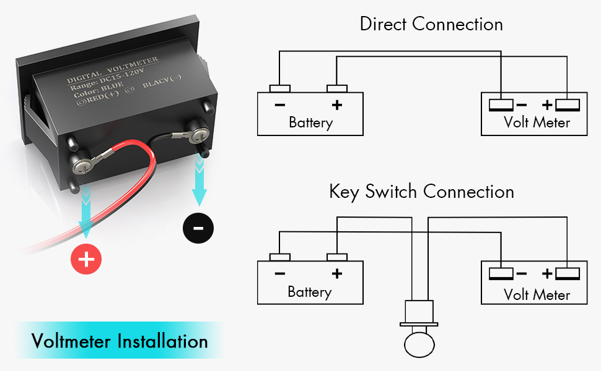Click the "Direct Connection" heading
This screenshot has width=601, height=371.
click(431, 25)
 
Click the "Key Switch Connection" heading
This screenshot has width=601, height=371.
click(421, 192)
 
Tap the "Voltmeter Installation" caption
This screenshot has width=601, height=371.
click(120, 341)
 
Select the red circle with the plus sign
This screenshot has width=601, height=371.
click(86, 259)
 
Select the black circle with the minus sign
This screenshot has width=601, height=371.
click(198, 228)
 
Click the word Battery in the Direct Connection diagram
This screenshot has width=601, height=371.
click(310, 122)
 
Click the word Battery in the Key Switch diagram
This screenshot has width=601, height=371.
click(310, 292)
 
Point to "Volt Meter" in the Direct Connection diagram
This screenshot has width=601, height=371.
click(537, 122)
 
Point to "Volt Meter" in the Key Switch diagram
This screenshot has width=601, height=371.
click(537, 294)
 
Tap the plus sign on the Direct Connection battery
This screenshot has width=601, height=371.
click(336, 104)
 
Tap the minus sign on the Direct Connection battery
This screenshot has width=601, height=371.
click(280, 104)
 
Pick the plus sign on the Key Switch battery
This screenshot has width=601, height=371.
click(336, 273)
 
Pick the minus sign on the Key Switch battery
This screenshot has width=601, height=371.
click(280, 273)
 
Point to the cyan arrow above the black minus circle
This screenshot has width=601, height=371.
click(199, 179)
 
